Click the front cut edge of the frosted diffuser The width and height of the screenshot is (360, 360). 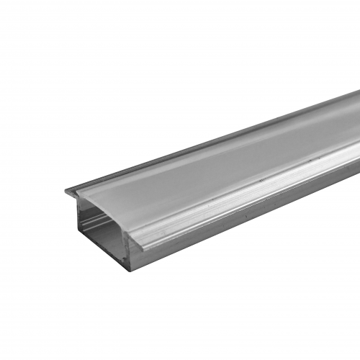click(108, 202)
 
